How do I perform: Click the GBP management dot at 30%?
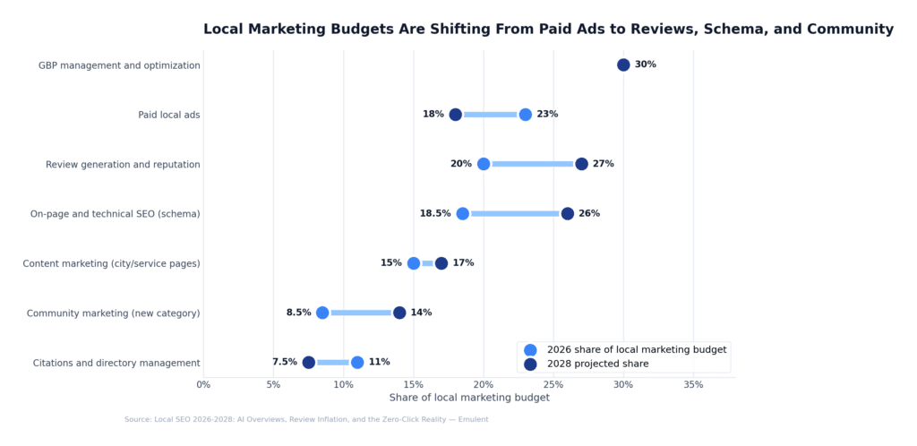pos(623,64)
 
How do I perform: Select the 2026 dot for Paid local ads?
pos(526,115)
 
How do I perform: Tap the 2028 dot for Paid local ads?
pos(456,115)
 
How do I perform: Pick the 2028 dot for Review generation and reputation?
pos(581,164)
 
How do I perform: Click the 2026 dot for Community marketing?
pos(322,313)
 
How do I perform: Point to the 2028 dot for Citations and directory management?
pos(309,363)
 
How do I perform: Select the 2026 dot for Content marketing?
pos(414,263)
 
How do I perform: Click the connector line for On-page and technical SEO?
pos(515,214)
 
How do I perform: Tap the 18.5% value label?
pos(435,214)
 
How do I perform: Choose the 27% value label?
pos(604,164)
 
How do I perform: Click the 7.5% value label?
pos(285,363)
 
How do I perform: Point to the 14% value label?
pos(421,313)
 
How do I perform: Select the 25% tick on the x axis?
pos(553,385)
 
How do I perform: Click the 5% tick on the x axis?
pos(273,385)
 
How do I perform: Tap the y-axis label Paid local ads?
pos(169,115)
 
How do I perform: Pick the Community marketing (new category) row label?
pos(114,313)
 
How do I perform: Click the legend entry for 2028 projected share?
pos(597,364)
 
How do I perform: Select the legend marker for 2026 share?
pos(530,349)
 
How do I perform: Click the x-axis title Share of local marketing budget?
pos(469,398)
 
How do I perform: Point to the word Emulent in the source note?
pos(472,419)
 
